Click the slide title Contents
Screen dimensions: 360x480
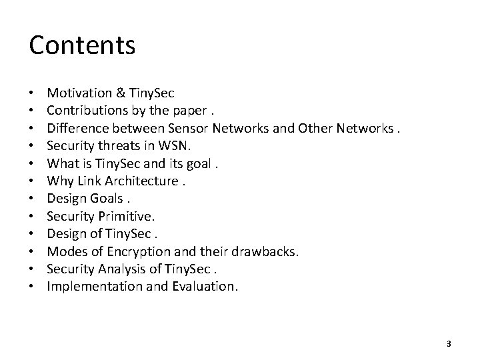tap(83, 45)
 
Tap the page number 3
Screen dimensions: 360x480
tap(449, 343)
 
